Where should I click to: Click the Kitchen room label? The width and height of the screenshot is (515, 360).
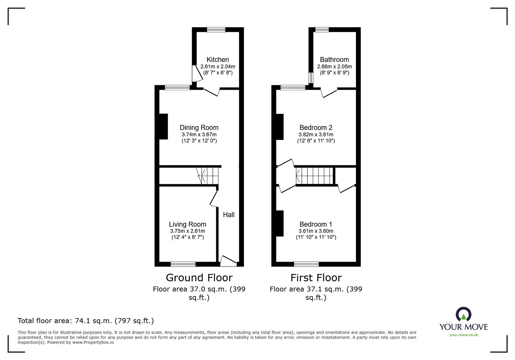[218, 60]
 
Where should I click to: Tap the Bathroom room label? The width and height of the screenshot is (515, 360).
[334, 60]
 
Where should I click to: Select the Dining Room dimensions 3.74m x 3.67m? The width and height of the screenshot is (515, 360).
[199, 134]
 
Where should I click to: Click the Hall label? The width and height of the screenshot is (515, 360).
[229, 215]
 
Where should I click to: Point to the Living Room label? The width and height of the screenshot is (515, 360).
[187, 224]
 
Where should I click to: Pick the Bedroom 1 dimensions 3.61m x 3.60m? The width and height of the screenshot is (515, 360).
[316, 231]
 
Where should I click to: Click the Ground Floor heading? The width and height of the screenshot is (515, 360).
[199, 277]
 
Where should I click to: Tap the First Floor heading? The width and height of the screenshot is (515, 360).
[316, 277]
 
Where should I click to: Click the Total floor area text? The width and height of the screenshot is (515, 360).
[86, 321]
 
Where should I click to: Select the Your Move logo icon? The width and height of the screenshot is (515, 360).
[464, 314]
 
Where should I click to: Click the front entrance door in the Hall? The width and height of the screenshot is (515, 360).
[228, 261]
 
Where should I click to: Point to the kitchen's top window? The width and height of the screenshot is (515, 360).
[216, 30]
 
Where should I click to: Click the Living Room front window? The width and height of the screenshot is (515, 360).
[183, 264]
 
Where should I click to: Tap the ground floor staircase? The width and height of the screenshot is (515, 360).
[208, 176]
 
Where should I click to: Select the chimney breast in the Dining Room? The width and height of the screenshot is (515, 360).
[164, 126]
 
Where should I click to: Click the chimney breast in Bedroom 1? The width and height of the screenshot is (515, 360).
[280, 223]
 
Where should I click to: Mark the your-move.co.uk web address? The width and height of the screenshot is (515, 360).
[464, 335]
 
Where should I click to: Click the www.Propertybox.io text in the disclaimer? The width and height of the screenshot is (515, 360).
[93, 342]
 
